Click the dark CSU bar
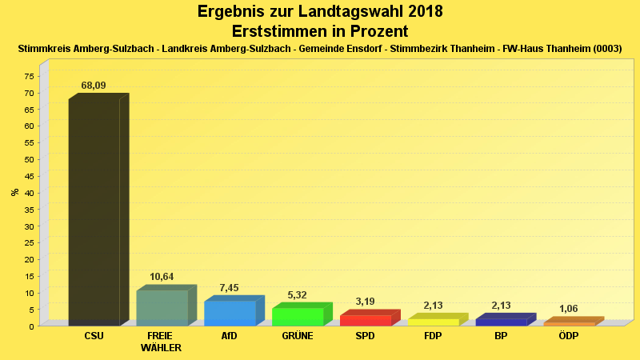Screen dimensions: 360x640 click(94, 212)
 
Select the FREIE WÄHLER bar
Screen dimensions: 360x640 click(162, 308)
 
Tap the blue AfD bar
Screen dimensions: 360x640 click(230, 313)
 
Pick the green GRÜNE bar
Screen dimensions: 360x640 click(298, 317)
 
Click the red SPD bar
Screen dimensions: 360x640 click(366, 320)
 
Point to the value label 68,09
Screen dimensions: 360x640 click(94, 86)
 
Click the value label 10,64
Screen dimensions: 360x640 click(162, 277)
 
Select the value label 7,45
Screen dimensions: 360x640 click(230, 288)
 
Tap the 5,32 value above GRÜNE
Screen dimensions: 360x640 click(298, 294)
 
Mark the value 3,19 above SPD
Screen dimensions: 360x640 click(364, 302)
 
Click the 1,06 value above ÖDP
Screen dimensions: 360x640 click(569, 309)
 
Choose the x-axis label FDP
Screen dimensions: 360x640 click(433, 336)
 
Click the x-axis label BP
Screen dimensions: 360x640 click(501, 336)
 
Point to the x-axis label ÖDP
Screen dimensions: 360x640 click(569, 336)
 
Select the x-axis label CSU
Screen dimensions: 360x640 click(94, 336)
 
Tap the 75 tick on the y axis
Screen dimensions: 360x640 click(29, 76)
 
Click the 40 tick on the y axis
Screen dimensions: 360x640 click(29, 193)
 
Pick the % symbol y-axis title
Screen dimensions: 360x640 click(14, 193)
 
